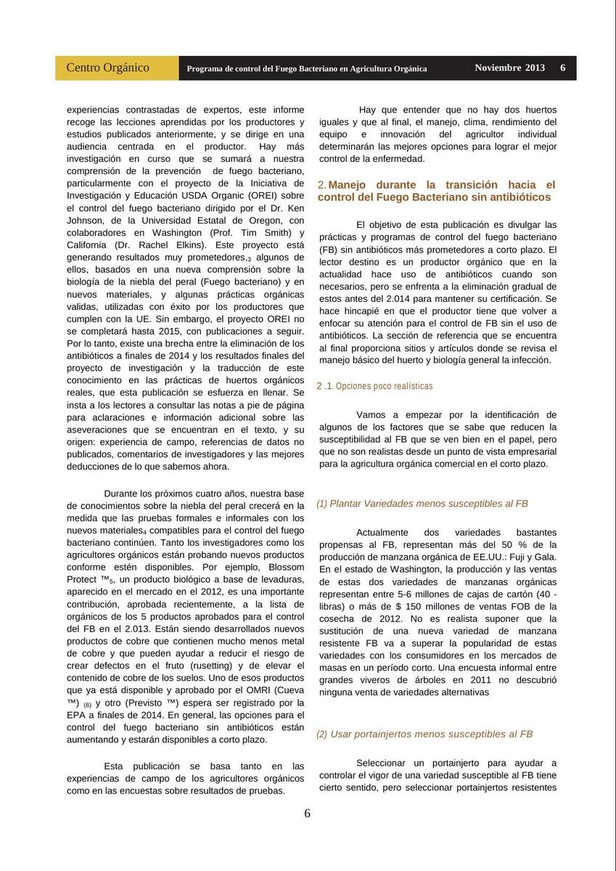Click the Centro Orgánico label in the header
click(x=108, y=68)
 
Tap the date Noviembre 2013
click(x=509, y=68)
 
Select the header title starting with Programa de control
click(x=307, y=69)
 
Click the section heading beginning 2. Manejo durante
click(x=436, y=191)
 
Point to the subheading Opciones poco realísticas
click(x=374, y=386)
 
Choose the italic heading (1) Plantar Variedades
click(x=422, y=503)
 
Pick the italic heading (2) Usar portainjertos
click(x=424, y=734)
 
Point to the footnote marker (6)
click(x=86, y=706)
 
